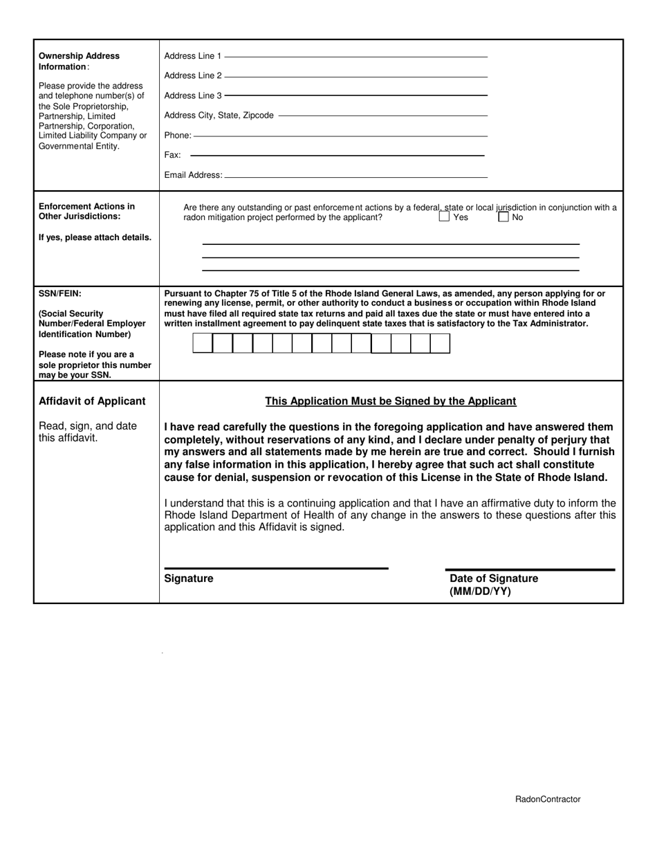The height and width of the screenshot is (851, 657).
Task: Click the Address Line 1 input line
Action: point(355,55)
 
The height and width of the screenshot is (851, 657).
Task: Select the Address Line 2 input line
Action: point(355,75)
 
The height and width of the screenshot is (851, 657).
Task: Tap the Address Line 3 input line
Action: point(355,95)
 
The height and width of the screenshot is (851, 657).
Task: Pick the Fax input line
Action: point(337,155)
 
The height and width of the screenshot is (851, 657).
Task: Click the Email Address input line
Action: point(356,176)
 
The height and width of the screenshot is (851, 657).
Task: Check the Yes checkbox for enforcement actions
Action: point(444,217)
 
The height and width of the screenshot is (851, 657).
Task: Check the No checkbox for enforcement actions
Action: point(503,217)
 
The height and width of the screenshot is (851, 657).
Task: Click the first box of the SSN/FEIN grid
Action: point(202,343)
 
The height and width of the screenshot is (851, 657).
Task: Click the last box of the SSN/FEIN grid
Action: point(440,343)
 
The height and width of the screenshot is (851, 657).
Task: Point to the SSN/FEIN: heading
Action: point(60,293)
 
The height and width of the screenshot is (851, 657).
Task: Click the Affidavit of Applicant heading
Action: point(92,401)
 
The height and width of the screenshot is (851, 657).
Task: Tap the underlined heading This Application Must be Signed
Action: point(391,401)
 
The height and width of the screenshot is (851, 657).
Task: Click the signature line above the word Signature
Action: point(276,568)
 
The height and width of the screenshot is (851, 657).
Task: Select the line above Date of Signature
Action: point(530,569)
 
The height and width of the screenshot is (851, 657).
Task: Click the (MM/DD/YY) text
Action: point(480,592)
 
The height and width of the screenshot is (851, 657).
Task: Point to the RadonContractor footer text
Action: point(548,799)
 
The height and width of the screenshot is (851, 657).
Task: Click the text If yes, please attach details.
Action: point(95,237)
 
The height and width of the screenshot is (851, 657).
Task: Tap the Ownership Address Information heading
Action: point(79,61)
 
